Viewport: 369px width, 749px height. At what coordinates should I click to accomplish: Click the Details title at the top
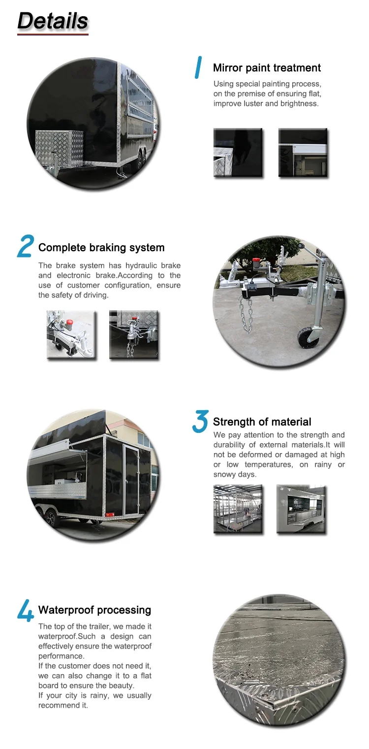pyautogui.click(x=53, y=21)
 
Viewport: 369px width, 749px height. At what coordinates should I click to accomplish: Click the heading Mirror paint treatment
pyautogui.click(x=267, y=68)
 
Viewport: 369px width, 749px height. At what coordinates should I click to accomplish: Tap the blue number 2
pyautogui.click(x=26, y=246)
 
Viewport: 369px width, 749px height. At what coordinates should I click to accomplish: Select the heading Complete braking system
pyautogui.click(x=101, y=248)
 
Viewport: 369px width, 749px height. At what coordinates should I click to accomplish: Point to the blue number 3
pyautogui.click(x=200, y=422)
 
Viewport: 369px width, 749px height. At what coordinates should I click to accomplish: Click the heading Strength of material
pyautogui.click(x=262, y=422)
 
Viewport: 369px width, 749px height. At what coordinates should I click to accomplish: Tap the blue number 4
pyautogui.click(x=26, y=611)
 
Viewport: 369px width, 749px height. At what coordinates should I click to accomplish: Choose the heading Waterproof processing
pyautogui.click(x=95, y=610)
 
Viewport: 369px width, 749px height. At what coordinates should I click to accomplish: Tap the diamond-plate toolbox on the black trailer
pyautogui.click(x=60, y=147)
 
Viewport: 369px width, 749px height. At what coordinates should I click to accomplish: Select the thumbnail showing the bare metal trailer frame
pyautogui.click(x=238, y=509)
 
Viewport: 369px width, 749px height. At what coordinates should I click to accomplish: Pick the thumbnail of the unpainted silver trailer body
pyautogui.click(x=301, y=509)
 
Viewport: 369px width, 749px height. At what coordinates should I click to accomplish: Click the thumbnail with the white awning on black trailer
pyautogui.click(x=303, y=153)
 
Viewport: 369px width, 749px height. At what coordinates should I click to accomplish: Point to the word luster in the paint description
pyautogui.click(x=250, y=103)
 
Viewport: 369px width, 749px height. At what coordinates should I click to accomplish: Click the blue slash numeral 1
pyautogui.click(x=198, y=67)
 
